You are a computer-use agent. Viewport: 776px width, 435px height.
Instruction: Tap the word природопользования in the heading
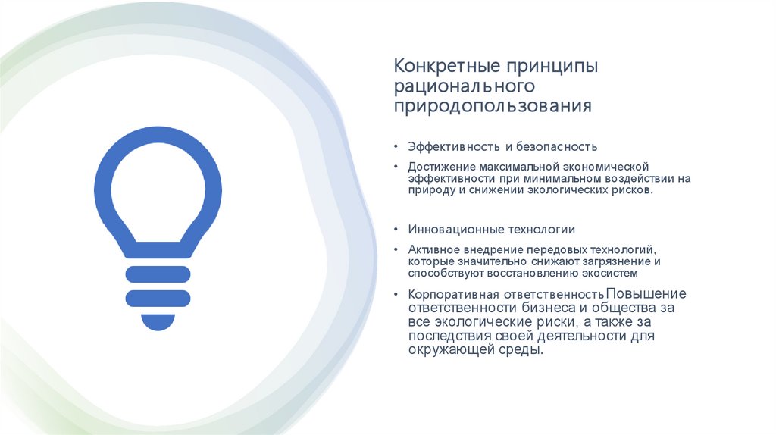click(x=492, y=106)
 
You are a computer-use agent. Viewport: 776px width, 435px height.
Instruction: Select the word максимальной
click(x=517, y=166)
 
